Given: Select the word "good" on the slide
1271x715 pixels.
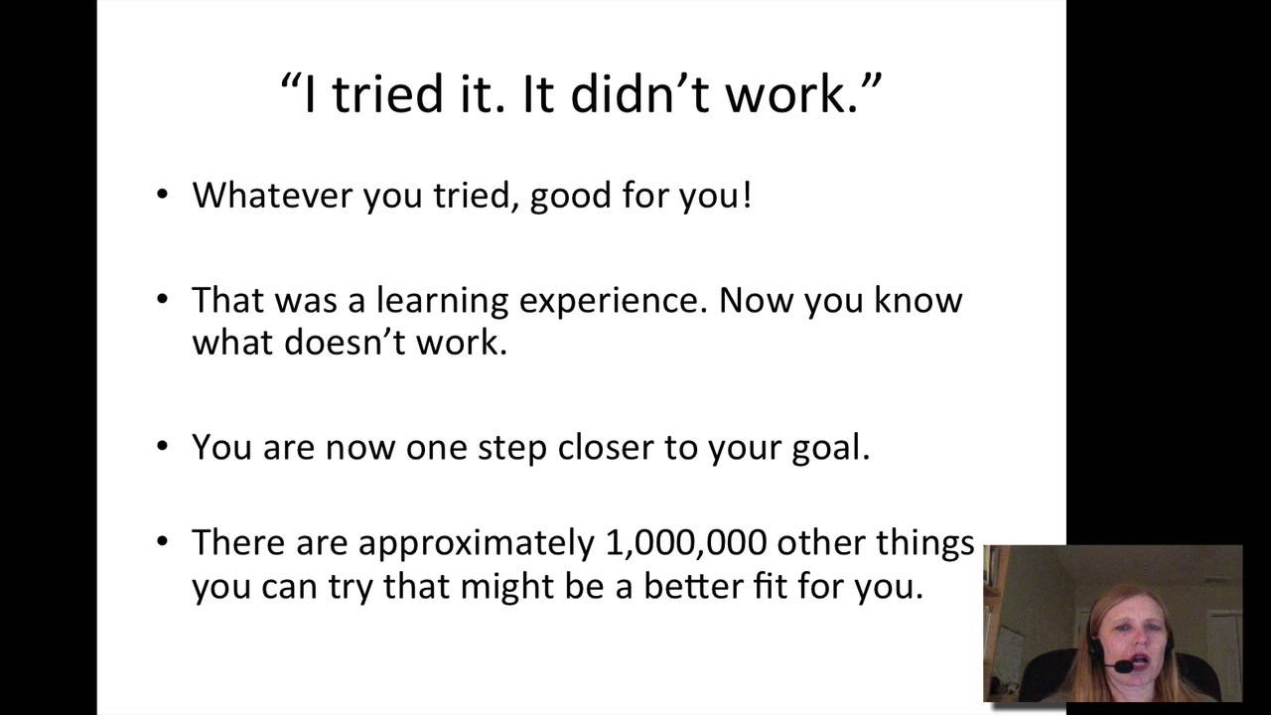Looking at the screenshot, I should (x=571, y=197).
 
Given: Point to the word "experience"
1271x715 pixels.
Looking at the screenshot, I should (x=625, y=301).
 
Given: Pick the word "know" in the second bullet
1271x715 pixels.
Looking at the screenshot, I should (x=918, y=299).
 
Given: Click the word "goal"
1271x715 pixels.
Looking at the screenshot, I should (x=832, y=448).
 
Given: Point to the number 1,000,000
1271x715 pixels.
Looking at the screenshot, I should (x=685, y=543).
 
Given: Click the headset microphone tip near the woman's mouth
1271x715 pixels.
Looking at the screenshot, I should (x=1124, y=667).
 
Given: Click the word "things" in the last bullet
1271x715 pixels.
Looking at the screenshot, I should (x=924, y=543).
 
